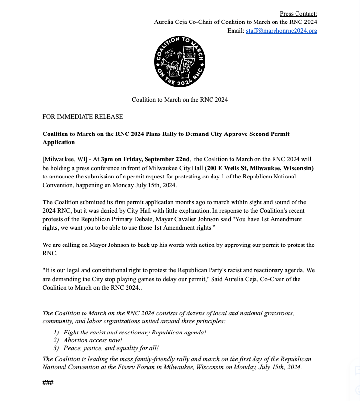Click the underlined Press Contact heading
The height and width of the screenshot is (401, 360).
click(298, 13)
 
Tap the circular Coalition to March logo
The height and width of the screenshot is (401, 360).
click(180, 61)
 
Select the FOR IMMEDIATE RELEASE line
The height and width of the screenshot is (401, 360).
click(83, 117)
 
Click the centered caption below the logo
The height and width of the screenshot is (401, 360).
click(180, 100)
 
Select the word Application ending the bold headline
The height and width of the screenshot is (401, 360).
click(59, 142)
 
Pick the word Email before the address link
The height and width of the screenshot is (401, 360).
click(235, 31)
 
